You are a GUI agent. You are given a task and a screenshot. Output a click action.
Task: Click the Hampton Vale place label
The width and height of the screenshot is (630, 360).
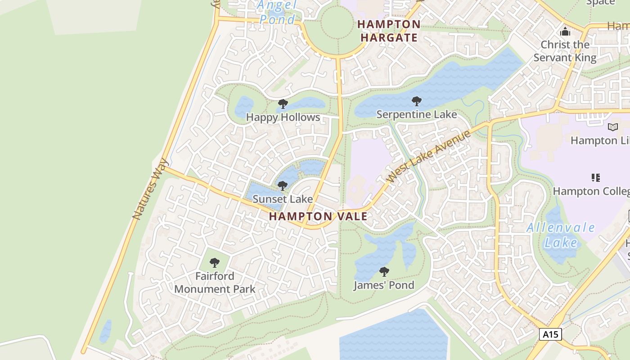coord(318,216)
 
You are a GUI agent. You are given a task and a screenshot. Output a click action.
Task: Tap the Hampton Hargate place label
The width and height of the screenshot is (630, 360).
coord(389,31)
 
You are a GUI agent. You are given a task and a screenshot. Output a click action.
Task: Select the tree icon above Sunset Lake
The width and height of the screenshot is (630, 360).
coord(283,185)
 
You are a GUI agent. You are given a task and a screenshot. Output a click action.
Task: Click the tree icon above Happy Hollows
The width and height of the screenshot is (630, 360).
coord(283,104)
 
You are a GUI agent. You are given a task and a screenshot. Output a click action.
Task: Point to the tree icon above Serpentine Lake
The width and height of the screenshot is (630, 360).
coord(417,101)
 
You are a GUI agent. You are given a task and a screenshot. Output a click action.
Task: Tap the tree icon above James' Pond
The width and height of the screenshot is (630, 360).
coord(384,271)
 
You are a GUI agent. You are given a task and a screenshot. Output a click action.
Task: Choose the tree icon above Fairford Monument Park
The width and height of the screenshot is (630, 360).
coord(215,262)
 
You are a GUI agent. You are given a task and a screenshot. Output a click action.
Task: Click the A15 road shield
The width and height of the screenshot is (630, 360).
coord(550,334)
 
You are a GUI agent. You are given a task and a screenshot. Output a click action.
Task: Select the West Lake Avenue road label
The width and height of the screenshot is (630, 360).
coord(428,156)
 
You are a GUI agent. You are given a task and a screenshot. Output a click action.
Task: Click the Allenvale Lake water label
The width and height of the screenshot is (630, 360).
coord(561,235)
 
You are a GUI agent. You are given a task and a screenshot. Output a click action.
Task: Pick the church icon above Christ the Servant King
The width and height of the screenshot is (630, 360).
coord(565,31)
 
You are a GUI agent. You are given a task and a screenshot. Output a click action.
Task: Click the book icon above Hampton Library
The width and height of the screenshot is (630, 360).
coord(612,127)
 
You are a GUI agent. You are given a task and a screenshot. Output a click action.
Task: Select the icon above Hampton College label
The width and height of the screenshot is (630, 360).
coord(596,178)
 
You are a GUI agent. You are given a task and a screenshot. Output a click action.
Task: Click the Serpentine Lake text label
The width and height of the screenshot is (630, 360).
coord(417,114)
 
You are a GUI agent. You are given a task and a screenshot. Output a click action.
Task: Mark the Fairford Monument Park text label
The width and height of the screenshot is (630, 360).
coord(215,283)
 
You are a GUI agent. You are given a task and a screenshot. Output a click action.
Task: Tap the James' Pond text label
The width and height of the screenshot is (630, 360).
coord(384,285)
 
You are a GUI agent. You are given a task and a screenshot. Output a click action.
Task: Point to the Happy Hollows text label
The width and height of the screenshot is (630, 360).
coord(283,117)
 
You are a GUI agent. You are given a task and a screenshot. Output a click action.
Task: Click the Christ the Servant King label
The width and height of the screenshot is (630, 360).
coord(565,51)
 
